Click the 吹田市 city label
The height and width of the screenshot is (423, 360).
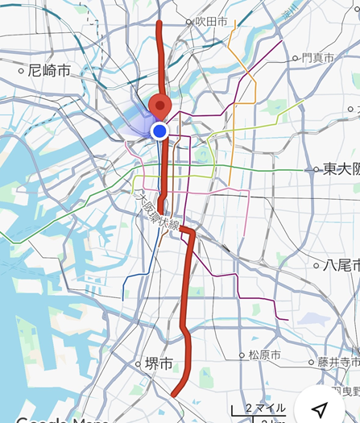click(x=213, y=22)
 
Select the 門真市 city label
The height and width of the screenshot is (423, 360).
click(x=318, y=58)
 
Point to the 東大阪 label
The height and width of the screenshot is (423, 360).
click(x=341, y=169)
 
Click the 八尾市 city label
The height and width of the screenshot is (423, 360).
click(x=339, y=264)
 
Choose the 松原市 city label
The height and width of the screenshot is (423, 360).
click(x=264, y=355)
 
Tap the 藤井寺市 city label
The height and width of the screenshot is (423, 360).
click(x=338, y=362)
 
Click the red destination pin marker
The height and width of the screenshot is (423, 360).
click(x=161, y=106)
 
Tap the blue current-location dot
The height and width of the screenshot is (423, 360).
click(x=159, y=131)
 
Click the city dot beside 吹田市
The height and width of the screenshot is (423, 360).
click(x=189, y=22)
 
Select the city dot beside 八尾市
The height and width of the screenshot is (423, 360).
click(x=316, y=264)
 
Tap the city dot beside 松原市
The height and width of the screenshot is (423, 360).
click(x=241, y=355)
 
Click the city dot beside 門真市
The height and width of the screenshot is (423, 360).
click(x=296, y=58)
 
